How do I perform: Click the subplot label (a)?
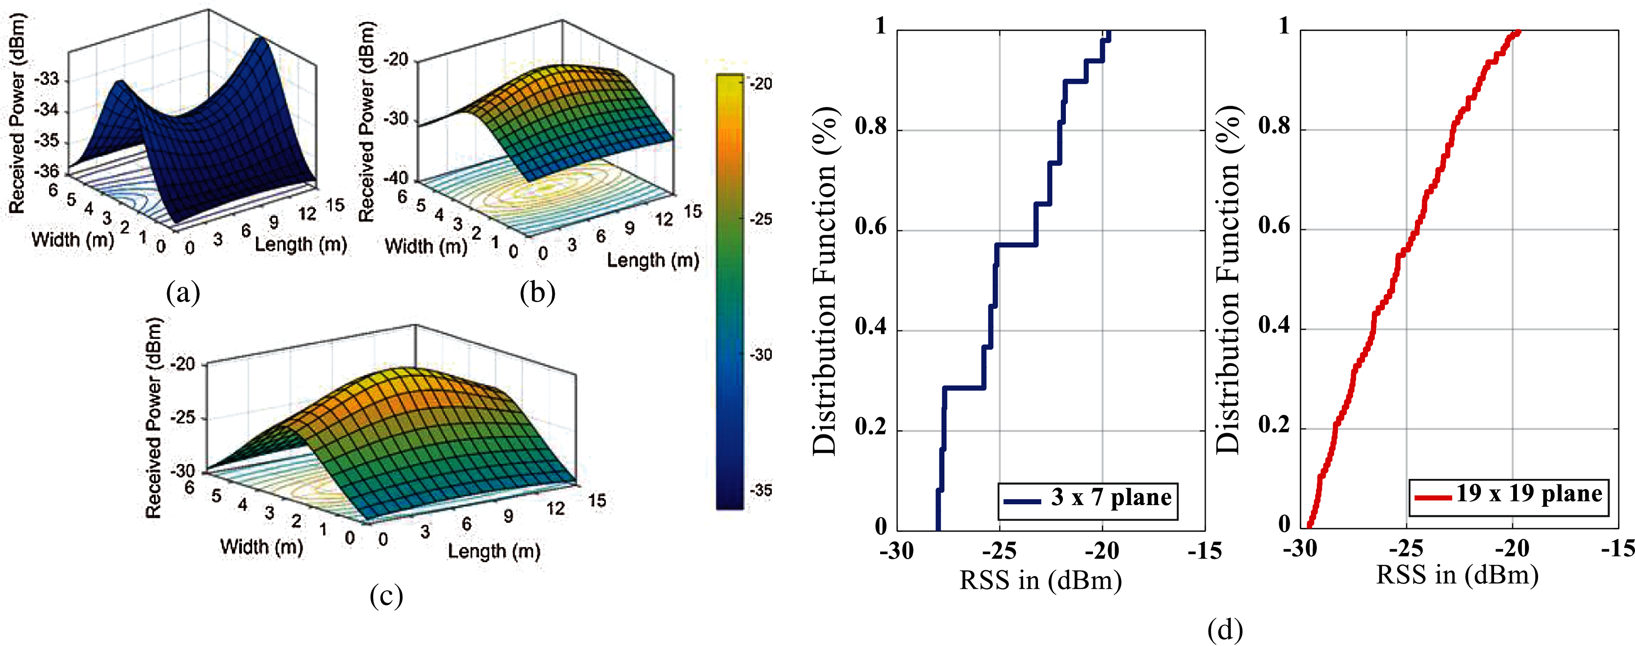click(x=183, y=293)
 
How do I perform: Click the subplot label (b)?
click(x=537, y=293)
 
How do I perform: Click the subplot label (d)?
click(x=1225, y=630)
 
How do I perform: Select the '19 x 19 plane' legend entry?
click(x=1509, y=494)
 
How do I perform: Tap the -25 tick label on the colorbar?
click(x=761, y=219)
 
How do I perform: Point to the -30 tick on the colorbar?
click(x=761, y=355)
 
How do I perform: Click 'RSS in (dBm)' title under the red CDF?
click(x=1457, y=575)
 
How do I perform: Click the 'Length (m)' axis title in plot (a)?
click(x=301, y=245)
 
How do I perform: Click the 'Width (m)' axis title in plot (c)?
click(x=261, y=547)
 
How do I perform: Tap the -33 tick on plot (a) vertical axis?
click(x=46, y=80)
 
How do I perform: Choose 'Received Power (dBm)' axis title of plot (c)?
click(x=154, y=417)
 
